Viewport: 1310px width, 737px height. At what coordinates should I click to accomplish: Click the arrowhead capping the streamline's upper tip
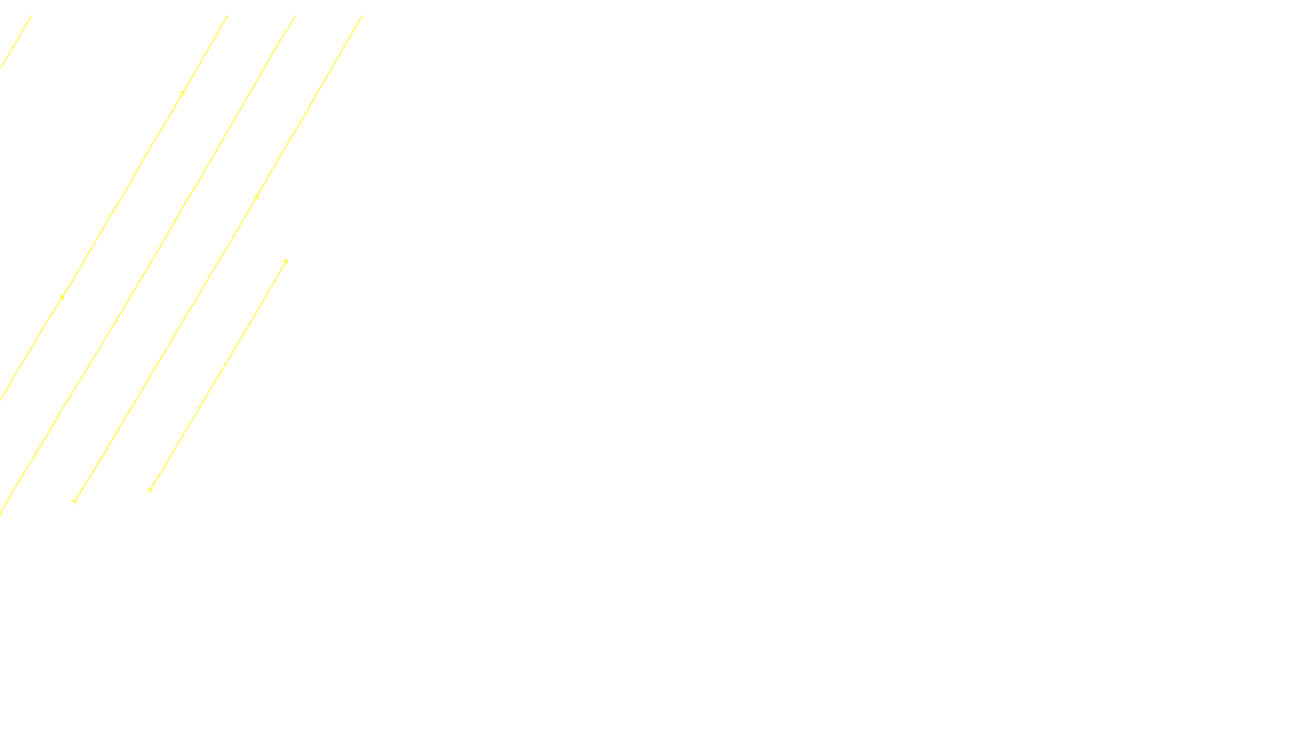[x=286, y=261]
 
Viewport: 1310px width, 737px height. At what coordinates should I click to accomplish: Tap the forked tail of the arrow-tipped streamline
[x=150, y=490]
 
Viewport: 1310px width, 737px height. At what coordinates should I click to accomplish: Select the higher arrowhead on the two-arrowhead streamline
[x=183, y=93]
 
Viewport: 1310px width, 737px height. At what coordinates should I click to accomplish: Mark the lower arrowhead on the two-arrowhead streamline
[x=62, y=296]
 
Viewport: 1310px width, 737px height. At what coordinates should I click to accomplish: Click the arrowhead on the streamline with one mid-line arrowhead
[x=256, y=197]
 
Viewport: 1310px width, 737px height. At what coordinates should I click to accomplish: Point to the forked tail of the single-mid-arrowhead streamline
[x=75, y=500]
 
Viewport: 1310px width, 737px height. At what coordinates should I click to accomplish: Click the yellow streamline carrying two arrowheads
[x=123, y=195]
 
